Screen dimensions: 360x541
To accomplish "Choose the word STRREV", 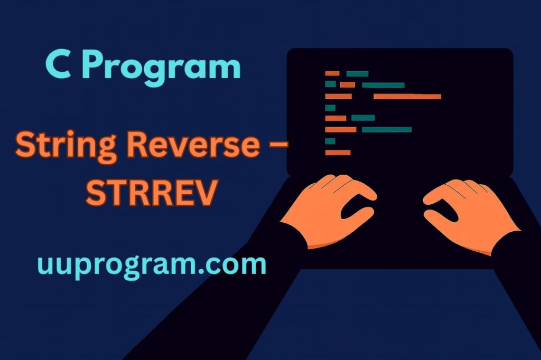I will tap(151, 193).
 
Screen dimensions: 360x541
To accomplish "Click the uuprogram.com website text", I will tap(152, 265).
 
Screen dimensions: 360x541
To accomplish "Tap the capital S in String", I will tap(25, 144).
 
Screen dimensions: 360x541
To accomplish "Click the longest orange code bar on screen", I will tap(407, 97).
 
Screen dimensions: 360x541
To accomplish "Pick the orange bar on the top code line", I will tap(332, 73).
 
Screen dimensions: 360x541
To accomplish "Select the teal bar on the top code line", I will tap(357, 73).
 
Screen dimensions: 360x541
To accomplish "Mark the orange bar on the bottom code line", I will tap(338, 153).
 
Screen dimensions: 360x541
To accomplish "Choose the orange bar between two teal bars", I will tap(347, 85).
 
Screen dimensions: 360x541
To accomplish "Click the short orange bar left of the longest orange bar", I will tap(338, 97).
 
